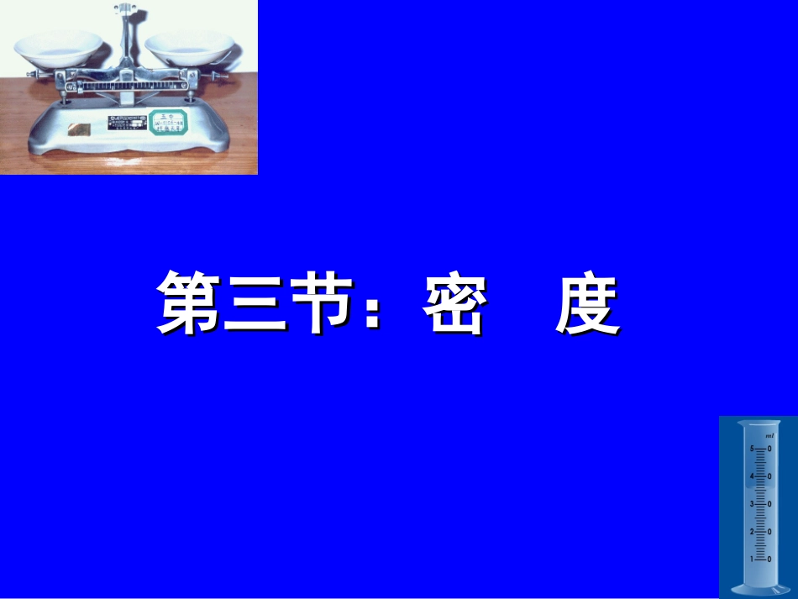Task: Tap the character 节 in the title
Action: [x=317, y=302]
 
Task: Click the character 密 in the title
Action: [x=454, y=302]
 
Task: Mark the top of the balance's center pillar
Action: [x=125, y=9]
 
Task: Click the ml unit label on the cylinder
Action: [x=769, y=437]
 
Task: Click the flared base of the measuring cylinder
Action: [x=755, y=589]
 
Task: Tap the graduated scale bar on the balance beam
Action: [x=126, y=85]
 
